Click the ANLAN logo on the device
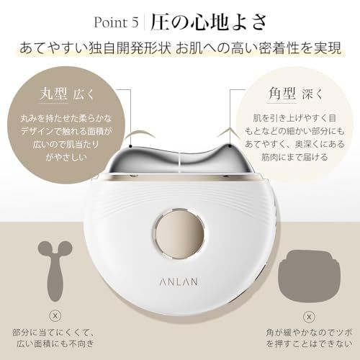pos(179,282)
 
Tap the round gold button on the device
pos(180,233)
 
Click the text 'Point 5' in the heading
pos(116,22)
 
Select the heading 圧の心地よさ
pos(209,22)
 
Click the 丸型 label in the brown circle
pos(53,94)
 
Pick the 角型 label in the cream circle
pos(282,94)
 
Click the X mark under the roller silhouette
pos(55,316)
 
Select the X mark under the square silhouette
pos(309,317)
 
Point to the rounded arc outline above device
pos(140,134)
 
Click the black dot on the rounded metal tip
pos(130,145)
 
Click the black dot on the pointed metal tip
pos(230,145)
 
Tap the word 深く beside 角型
pos(312,95)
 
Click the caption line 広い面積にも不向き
pos(55,344)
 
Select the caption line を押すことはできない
pos(309,344)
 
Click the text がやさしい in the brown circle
pos(66,158)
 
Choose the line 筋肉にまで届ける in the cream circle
pos(294,158)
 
